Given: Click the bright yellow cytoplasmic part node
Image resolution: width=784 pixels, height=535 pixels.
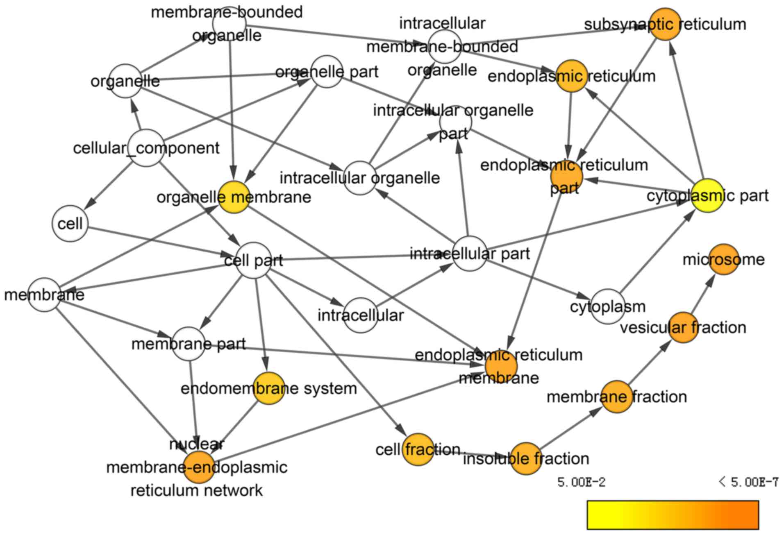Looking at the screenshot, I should tap(707, 196).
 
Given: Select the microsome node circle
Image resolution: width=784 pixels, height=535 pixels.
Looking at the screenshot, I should tap(724, 259).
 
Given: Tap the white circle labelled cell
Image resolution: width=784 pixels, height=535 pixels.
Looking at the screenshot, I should tap(70, 224).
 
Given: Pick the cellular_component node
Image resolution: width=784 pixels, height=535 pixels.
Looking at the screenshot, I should tap(147, 148).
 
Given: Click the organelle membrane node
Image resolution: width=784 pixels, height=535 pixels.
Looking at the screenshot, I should tap(234, 197).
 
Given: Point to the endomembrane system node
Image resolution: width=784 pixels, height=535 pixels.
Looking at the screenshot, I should tap(269, 388).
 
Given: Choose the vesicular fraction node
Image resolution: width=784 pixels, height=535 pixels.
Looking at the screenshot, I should tap(683, 327).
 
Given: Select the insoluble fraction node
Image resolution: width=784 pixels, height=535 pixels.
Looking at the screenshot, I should tap(526, 458).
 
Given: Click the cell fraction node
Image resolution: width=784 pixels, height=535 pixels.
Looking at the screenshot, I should tap(418, 449).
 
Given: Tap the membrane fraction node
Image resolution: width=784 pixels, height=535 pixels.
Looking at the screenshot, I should tap(617, 397).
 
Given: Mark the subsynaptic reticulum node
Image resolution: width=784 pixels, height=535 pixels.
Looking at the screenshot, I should tap(665, 24).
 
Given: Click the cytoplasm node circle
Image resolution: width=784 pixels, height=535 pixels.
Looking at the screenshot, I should tap(608, 306).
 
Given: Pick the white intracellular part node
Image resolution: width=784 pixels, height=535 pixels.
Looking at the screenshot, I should tap(470, 254).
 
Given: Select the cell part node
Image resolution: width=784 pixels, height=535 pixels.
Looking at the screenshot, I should tap(254, 261).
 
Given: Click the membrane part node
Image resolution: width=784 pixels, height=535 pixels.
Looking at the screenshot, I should tap(189, 344).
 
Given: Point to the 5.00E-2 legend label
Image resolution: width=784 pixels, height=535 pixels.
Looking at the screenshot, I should tap(581, 482).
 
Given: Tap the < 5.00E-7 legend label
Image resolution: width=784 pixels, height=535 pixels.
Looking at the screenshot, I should tap(749, 482).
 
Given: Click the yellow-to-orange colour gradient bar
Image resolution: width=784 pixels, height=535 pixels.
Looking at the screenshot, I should tap(673, 515).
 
